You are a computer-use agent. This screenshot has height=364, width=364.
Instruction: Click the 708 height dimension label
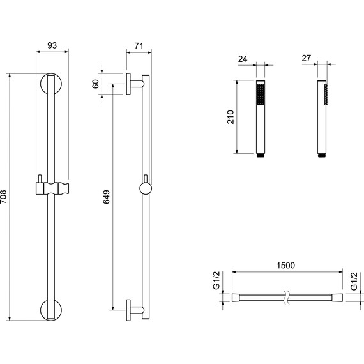point(3,197)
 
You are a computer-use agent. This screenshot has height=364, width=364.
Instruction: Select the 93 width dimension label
point(52,45)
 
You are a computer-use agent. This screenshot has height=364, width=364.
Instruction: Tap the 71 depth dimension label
point(139,46)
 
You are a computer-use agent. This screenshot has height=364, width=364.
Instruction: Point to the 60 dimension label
point(95,84)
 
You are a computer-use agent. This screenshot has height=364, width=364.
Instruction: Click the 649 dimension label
point(106,197)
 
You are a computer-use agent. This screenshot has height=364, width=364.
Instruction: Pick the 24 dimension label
point(243,59)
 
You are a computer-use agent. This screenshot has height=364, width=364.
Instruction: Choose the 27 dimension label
point(306,58)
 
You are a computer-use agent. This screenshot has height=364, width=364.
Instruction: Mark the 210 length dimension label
point(231,117)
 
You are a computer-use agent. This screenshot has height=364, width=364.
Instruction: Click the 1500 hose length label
point(285,265)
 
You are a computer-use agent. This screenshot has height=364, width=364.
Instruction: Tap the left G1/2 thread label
point(216,280)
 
